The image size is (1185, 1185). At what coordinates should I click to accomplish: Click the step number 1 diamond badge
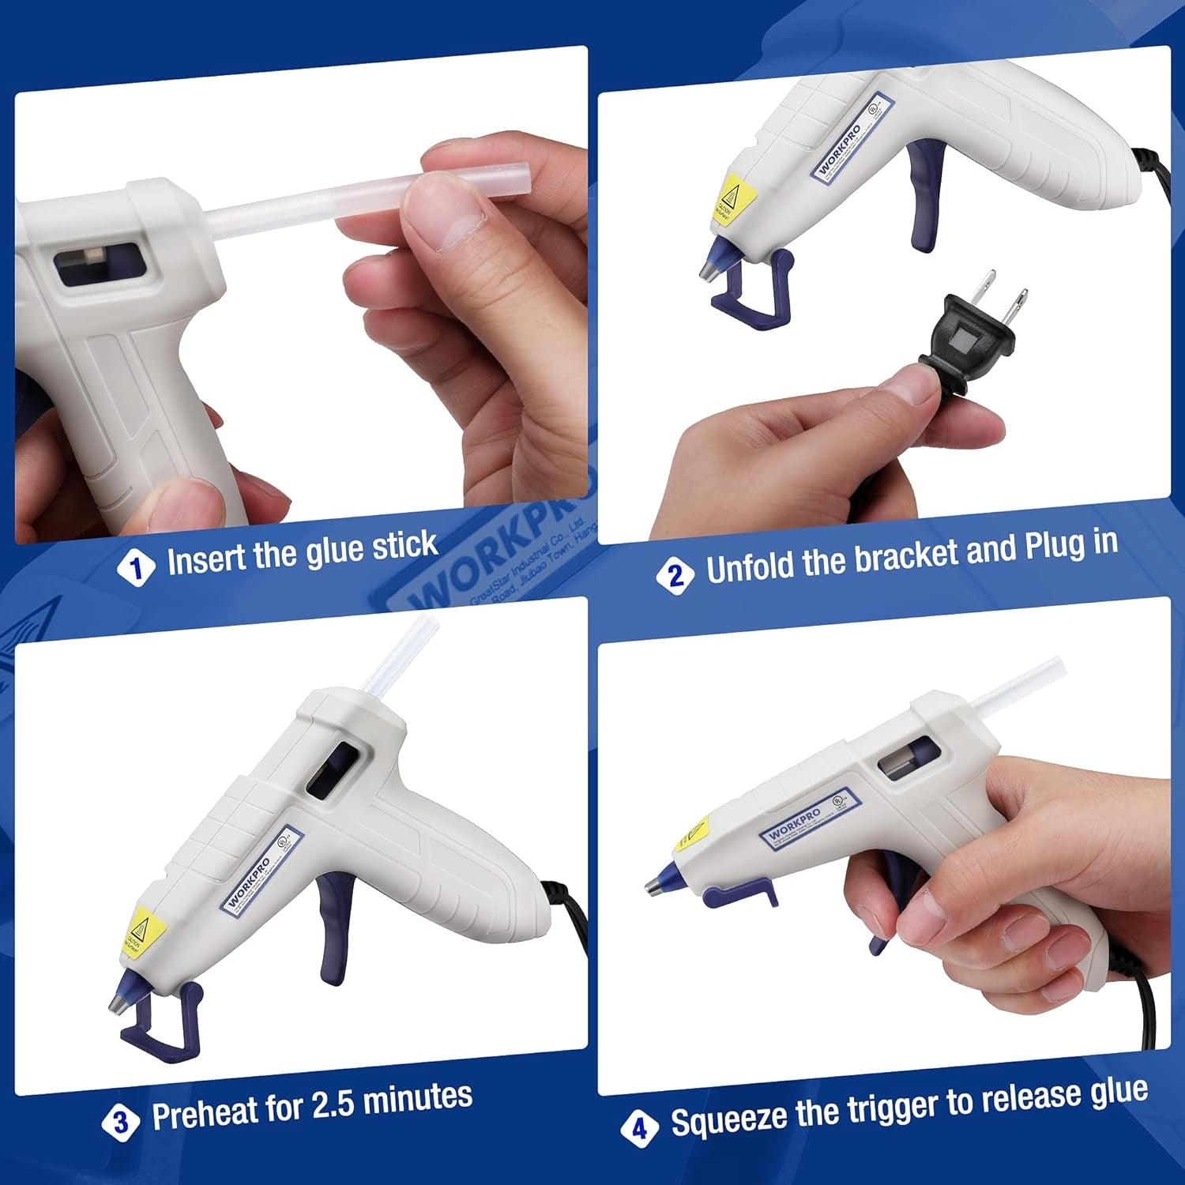137,567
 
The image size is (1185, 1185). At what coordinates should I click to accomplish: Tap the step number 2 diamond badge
675,575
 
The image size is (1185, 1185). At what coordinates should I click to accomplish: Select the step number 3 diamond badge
121,1121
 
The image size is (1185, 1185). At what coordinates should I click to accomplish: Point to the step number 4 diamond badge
639,1128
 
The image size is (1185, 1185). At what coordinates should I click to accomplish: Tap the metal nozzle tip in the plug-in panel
707,269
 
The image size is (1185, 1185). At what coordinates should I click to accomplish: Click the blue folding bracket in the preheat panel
162,1023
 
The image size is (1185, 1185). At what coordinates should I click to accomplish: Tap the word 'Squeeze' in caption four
728,1119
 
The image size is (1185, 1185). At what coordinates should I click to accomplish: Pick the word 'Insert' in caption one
207,559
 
